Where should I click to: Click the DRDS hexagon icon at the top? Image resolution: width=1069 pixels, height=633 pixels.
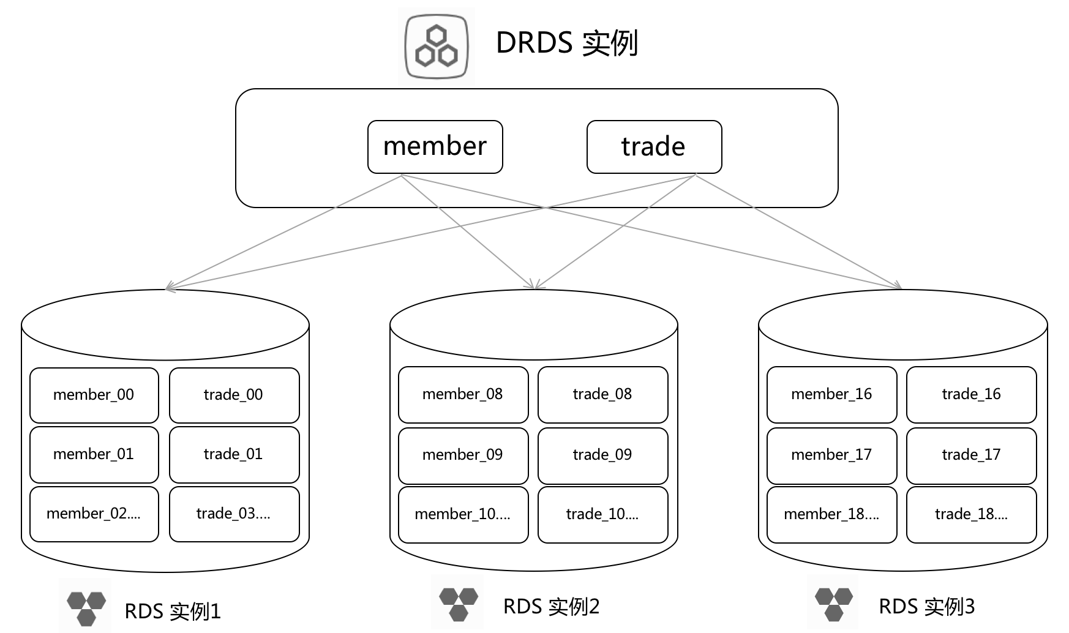(x=437, y=47)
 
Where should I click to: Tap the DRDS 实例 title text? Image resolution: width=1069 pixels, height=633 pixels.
(x=567, y=43)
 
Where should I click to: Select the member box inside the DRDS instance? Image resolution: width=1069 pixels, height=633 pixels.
(x=435, y=147)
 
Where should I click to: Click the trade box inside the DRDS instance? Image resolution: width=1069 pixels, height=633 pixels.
(x=655, y=147)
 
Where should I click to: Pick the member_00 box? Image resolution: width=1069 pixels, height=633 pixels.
(x=94, y=395)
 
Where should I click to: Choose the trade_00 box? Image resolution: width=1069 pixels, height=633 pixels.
(x=234, y=395)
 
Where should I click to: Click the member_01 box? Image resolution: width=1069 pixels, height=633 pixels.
(x=94, y=455)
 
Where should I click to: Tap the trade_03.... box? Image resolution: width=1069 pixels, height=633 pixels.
(x=234, y=514)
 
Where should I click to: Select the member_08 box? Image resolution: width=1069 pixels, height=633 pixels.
(x=463, y=395)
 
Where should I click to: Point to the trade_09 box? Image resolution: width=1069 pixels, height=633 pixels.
(x=603, y=455)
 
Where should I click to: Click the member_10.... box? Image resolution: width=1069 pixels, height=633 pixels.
(x=463, y=515)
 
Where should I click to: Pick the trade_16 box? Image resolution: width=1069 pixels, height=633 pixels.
(x=972, y=395)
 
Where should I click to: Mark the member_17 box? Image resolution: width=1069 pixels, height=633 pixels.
(x=832, y=455)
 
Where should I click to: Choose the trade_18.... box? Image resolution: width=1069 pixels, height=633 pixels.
(x=972, y=515)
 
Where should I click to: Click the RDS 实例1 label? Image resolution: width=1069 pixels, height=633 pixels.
(x=173, y=611)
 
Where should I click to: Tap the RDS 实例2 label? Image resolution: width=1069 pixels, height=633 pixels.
(x=551, y=606)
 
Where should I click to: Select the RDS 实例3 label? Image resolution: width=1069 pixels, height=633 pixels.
(x=926, y=606)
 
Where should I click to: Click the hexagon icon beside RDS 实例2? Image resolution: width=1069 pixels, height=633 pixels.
(x=459, y=604)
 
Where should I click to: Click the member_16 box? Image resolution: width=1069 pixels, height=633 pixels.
(x=832, y=395)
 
